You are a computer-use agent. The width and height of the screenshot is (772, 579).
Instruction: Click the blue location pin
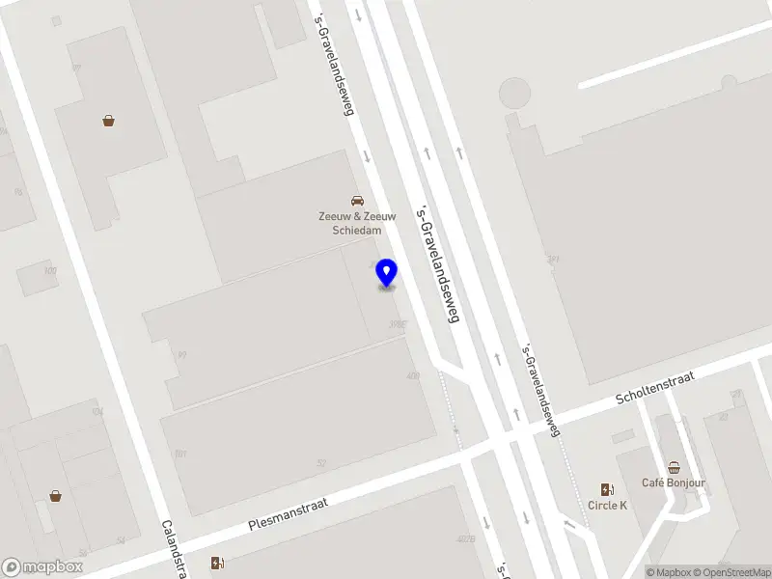click(x=387, y=273)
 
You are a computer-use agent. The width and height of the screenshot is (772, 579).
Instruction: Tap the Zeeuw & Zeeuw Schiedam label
click(x=357, y=224)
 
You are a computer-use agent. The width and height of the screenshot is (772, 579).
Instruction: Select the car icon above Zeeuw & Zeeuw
click(x=357, y=201)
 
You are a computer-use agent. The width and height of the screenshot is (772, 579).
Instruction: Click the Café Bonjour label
click(x=674, y=482)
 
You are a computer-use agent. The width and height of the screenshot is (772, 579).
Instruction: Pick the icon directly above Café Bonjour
click(x=674, y=467)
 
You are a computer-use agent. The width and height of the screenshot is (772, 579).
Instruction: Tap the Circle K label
click(x=607, y=505)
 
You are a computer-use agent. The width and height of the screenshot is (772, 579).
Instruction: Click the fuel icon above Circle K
click(x=607, y=489)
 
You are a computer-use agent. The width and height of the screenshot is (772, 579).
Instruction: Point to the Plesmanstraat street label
click(x=289, y=514)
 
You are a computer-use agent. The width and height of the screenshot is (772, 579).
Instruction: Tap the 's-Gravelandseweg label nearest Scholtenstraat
click(x=540, y=390)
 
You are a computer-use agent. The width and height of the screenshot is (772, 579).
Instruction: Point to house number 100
click(x=50, y=271)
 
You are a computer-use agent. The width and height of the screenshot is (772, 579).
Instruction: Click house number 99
click(x=181, y=355)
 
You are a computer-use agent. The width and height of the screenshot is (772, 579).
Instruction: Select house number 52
click(x=321, y=463)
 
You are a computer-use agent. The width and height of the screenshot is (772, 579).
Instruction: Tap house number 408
click(x=413, y=376)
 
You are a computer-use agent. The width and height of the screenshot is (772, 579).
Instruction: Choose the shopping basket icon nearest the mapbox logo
click(x=55, y=496)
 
